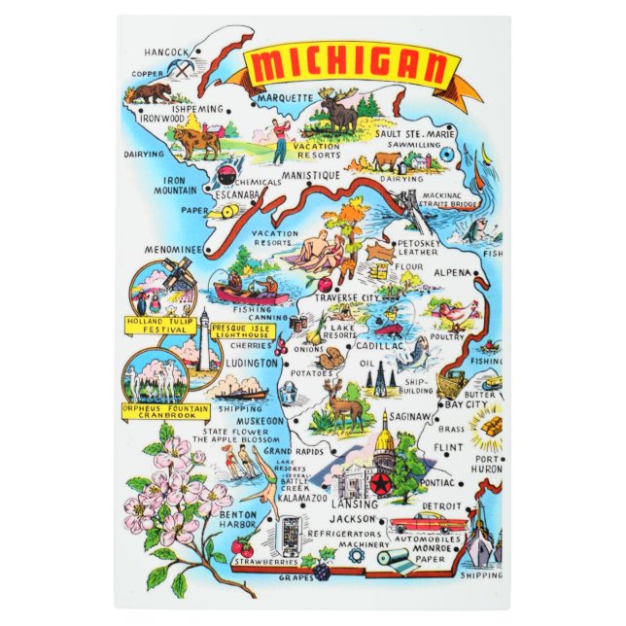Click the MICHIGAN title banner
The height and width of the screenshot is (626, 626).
[x=351, y=66]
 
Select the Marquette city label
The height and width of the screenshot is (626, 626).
[x=286, y=98]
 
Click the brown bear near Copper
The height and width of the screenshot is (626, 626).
[x=153, y=92]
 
